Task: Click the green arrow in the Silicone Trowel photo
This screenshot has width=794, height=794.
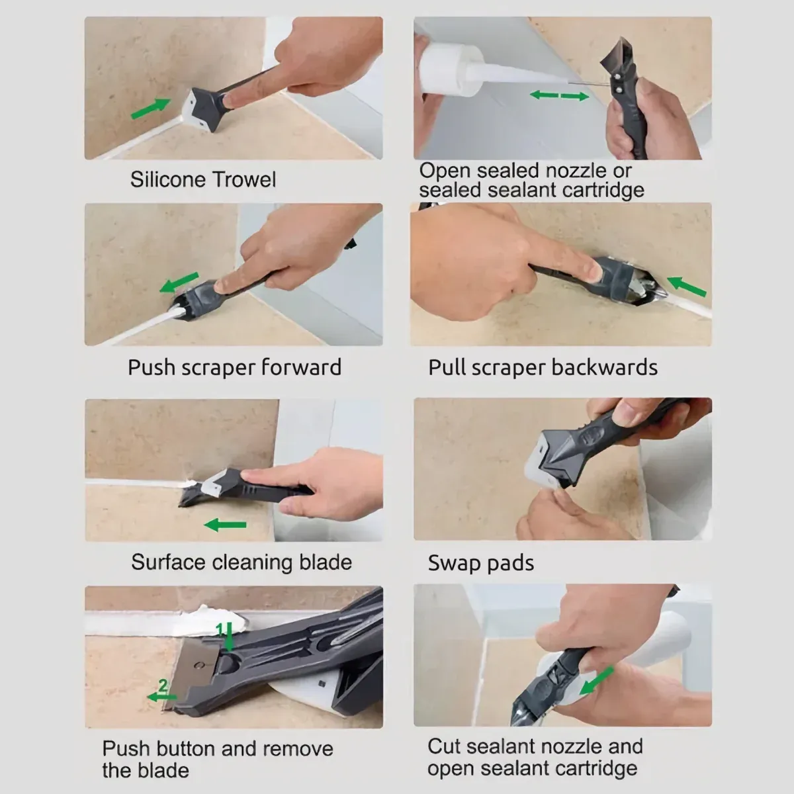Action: pos(149,109)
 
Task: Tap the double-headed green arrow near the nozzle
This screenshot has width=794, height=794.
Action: pos(559,96)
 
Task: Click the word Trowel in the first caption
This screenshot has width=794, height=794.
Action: pos(244,179)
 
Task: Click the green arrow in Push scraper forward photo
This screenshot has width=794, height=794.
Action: pos(179,282)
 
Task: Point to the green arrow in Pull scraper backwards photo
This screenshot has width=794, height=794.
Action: pos(686,287)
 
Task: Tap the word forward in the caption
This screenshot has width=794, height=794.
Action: pos(302,367)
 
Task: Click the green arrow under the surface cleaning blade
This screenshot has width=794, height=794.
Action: pos(225,525)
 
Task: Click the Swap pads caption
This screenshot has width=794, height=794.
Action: pos(481,563)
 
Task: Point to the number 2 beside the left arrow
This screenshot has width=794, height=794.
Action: pos(162,685)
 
